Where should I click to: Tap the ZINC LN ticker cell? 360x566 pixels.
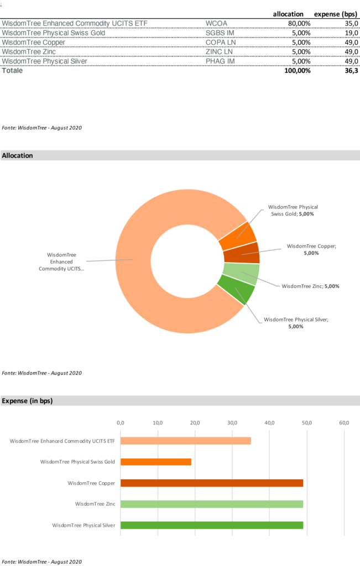(219, 52)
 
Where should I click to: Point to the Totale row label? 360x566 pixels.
(12, 71)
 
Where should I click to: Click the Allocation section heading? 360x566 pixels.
(17, 156)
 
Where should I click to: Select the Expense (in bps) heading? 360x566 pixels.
(27, 401)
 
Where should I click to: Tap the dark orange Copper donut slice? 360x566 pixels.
(242, 253)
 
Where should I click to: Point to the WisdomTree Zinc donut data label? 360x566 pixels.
(310, 286)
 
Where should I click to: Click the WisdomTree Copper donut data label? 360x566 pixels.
(311, 249)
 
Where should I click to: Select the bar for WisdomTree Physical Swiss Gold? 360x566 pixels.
(156, 462)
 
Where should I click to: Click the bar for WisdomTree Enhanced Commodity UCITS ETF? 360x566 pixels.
(186, 441)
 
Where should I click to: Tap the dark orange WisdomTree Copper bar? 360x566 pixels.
(212, 483)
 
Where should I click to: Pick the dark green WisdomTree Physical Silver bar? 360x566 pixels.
(212, 525)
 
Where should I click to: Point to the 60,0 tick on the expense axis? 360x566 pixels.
(344, 423)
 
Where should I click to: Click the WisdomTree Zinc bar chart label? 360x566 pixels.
(95, 504)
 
